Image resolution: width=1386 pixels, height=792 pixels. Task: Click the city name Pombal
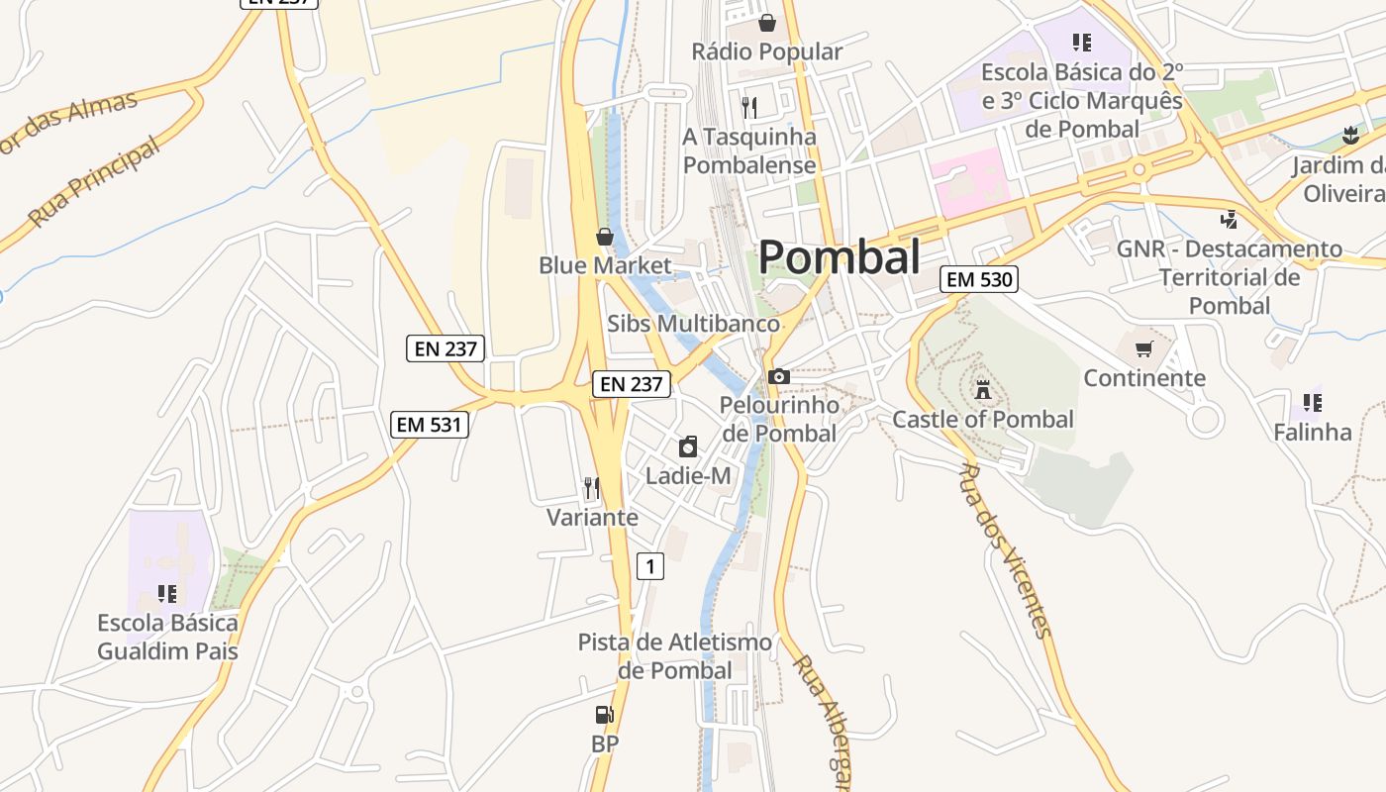click(x=840, y=257)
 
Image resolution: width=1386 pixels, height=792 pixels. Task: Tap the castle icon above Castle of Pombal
click(x=982, y=389)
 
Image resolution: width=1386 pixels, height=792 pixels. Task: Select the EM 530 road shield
click(x=979, y=279)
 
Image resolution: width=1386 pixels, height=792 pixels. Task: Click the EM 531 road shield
click(x=430, y=424)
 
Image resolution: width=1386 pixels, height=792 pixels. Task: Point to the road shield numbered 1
click(x=649, y=566)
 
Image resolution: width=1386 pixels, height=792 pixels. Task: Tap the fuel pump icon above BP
click(x=604, y=715)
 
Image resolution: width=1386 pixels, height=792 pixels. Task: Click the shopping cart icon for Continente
click(x=1144, y=348)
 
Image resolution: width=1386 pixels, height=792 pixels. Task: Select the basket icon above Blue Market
click(x=604, y=237)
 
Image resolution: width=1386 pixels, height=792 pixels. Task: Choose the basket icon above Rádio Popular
click(x=766, y=22)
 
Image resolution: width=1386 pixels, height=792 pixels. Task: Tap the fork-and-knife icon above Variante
click(x=592, y=487)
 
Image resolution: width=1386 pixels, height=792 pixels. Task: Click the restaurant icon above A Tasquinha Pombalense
click(x=749, y=107)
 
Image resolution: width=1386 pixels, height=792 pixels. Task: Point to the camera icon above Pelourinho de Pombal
click(x=779, y=376)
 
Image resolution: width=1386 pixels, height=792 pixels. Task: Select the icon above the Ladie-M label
click(x=688, y=446)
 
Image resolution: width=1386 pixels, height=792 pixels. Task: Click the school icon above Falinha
click(x=1312, y=402)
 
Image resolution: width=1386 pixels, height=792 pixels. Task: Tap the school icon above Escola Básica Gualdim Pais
click(x=167, y=594)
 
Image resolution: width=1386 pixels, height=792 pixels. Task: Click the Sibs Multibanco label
click(x=693, y=324)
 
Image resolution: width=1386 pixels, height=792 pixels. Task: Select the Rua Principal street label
click(x=93, y=183)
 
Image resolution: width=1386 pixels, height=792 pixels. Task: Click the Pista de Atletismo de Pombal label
click(x=675, y=656)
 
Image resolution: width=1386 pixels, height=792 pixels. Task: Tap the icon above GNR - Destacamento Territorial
click(x=1229, y=219)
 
